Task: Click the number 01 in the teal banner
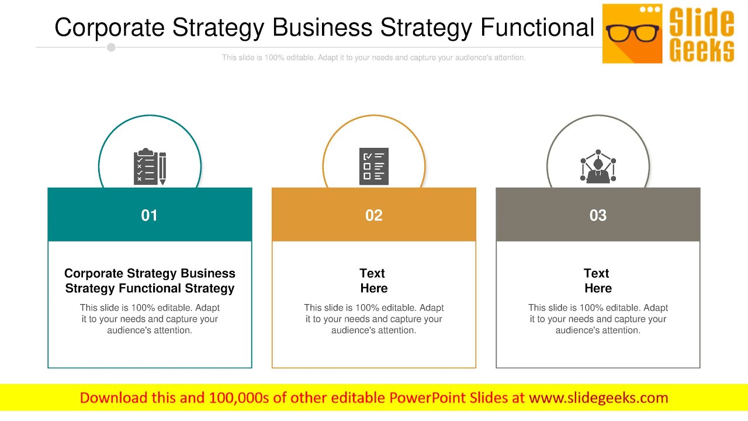coord(150,215)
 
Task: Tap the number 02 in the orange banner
coord(374,215)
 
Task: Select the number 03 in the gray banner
coord(598,215)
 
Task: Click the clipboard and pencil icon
coord(150,167)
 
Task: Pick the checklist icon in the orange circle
coord(374,167)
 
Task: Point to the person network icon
coord(598,167)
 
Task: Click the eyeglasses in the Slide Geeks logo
coord(632,33)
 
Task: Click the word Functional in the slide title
coord(536,27)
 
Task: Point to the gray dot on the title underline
coord(111,47)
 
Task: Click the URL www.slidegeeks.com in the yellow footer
coord(598,398)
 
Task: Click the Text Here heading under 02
coord(373,281)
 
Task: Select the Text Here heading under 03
coord(597,281)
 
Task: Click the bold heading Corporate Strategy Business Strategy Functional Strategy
coord(150,281)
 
